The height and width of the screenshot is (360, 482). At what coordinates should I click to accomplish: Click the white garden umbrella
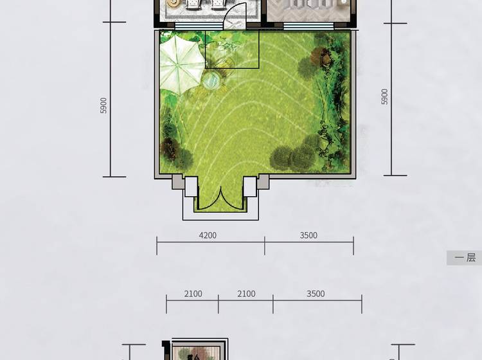[181, 65]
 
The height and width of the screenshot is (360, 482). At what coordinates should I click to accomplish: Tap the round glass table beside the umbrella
[211, 81]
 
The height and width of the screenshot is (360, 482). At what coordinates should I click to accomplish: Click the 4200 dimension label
[208, 235]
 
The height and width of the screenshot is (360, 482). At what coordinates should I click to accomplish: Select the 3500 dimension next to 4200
[308, 235]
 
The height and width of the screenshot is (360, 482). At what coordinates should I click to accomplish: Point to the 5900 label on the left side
[103, 105]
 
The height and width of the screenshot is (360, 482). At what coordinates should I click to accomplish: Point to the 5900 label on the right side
[384, 96]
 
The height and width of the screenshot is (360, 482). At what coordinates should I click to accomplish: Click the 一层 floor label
[465, 258]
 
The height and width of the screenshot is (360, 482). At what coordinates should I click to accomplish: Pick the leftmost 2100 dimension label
[193, 294]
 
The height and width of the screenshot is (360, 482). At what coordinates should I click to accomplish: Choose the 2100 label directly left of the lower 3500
[246, 294]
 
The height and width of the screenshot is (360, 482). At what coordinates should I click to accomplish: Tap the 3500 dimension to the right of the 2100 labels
[316, 294]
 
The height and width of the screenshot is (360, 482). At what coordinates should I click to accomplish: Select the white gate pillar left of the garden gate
[191, 186]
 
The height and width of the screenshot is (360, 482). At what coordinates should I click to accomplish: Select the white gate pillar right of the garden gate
[249, 186]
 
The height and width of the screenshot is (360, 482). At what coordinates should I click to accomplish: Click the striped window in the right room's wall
[308, 26]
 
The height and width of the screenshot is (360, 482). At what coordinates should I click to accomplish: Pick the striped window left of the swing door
[199, 26]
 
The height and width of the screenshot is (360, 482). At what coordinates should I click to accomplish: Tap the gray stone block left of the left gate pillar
[177, 182]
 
